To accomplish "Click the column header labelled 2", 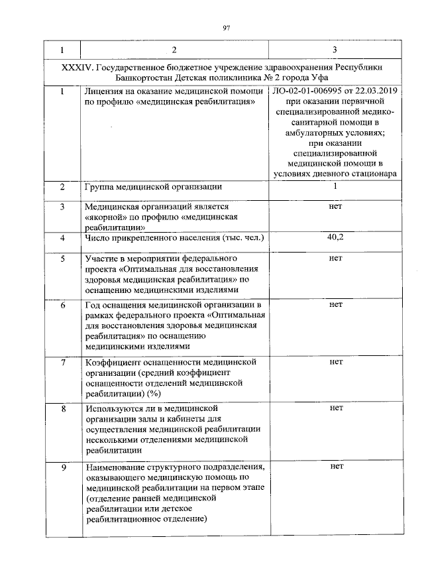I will [174, 50].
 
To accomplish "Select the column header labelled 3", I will [334, 50].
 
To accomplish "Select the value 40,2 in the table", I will [335, 237].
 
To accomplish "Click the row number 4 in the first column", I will [62, 237].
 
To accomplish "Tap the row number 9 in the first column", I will [62, 467].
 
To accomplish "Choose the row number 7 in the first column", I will [62, 363].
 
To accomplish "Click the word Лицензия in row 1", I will [105, 91].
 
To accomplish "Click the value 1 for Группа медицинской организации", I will [335, 186].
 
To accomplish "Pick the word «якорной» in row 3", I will [105, 217].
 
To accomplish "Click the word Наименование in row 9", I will [115, 467].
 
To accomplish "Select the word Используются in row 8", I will [113, 408].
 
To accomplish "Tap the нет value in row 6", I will [335, 305].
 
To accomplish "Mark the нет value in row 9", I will [335, 467].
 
